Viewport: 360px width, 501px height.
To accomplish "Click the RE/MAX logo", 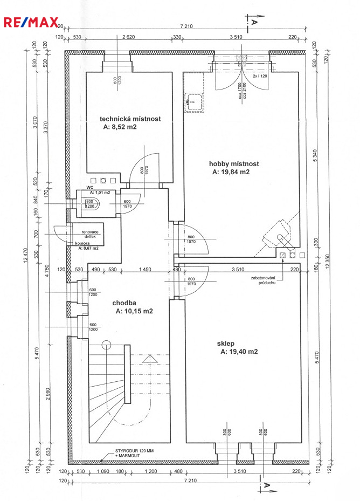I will tap(31, 23).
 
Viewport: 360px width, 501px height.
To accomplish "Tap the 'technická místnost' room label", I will tap(130, 119).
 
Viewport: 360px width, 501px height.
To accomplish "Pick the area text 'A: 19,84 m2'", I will tap(231, 173).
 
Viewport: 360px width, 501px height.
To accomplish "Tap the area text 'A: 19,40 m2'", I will tap(239, 352).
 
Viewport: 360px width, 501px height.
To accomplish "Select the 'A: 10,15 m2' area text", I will tap(134, 312).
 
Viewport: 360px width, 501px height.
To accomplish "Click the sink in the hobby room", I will tap(192, 101).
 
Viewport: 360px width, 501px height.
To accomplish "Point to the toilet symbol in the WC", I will tap(88, 203).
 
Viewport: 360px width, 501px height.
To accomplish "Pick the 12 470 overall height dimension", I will tap(26, 259).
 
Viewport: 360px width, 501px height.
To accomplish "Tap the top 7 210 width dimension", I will tap(186, 25).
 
